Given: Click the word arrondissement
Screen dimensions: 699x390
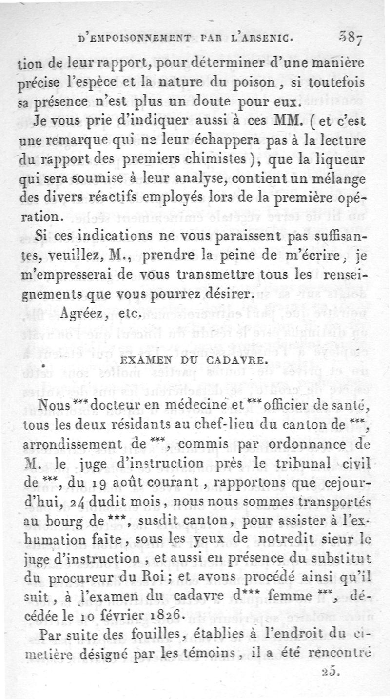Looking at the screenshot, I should (x=80, y=445).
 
